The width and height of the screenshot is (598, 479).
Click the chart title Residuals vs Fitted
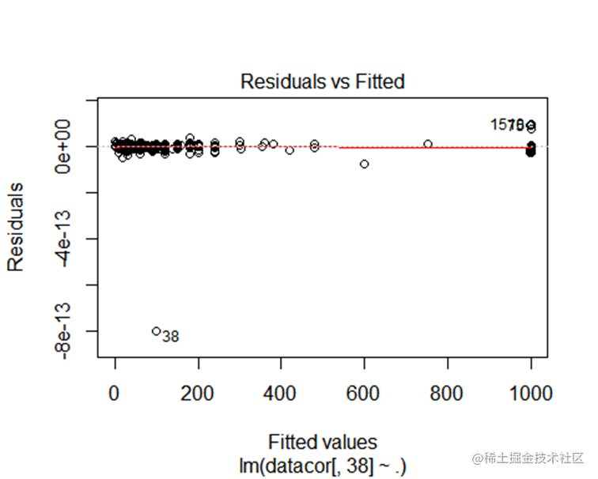click(322, 81)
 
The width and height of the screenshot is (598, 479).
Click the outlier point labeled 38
click(157, 331)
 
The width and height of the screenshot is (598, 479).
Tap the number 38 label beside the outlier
click(170, 337)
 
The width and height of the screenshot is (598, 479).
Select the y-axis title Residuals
click(15, 228)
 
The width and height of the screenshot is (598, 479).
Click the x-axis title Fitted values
click(323, 441)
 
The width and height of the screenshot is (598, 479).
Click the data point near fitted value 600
click(365, 164)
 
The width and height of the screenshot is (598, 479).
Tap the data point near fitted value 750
click(428, 144)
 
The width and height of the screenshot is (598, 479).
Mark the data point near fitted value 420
click(290, 150)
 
